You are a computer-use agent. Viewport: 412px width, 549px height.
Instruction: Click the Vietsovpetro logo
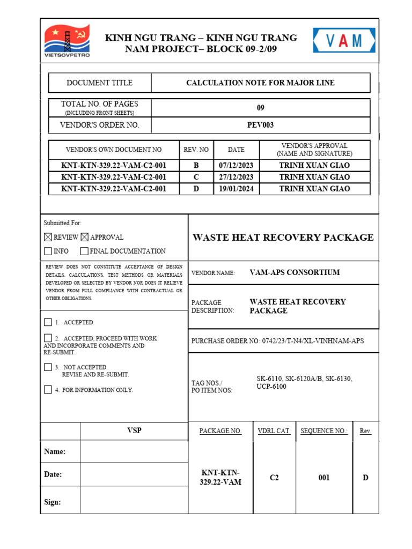pos(67,41)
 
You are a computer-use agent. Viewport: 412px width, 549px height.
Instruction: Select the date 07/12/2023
pos(236,165)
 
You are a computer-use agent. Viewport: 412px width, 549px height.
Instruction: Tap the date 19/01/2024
pos(236,189)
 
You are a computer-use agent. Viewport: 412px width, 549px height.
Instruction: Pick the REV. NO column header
pos(196,150)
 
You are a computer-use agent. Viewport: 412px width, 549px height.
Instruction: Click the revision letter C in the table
pos(196,177)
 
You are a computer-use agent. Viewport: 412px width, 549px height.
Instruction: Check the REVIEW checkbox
pos(48,237)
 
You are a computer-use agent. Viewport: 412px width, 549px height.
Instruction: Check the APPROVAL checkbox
pos(85,237)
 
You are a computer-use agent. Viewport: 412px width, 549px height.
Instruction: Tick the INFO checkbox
pos(48,251)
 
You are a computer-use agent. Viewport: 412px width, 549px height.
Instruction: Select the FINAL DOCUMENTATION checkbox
pos(85,251)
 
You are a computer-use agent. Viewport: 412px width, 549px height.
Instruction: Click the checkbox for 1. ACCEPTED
pos(48,322)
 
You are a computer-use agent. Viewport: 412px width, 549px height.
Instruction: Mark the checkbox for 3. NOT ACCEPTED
pos(48,367)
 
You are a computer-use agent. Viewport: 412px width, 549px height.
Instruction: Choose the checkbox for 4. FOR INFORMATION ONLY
pos(48,390)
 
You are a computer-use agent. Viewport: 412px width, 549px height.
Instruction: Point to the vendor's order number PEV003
pos(261,125)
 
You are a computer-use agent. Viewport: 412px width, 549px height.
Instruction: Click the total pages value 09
pos(261,108)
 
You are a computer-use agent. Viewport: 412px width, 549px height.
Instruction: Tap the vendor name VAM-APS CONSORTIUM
pos(295,272)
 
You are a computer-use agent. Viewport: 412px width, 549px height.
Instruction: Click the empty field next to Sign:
pos(134,502)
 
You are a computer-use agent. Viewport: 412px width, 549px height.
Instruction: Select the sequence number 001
pos(323,478)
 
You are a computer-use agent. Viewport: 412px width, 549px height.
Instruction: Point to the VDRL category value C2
pos(274,478)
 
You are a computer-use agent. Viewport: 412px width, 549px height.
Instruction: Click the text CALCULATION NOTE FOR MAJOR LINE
pos(260,83)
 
